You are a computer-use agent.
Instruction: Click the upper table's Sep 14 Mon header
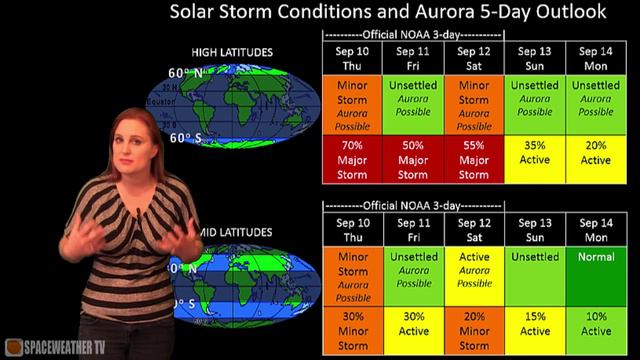(x=596, y=57)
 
